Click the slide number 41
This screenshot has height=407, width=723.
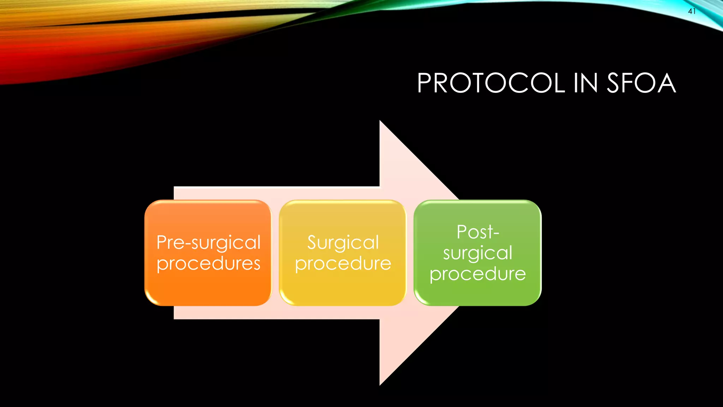click(x=692, y=11)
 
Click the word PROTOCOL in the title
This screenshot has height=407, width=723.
click(x=491, y=83)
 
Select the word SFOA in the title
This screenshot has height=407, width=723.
click(x=641, y=83)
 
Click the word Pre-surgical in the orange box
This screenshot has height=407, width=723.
click(x=208, y=243)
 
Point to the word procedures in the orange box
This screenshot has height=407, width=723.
click(x=208, y=264)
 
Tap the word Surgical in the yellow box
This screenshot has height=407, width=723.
click(x=343, y=243)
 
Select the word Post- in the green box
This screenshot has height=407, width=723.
click(x=478, y=232)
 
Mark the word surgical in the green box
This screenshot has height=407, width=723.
click(x=478, y=253)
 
